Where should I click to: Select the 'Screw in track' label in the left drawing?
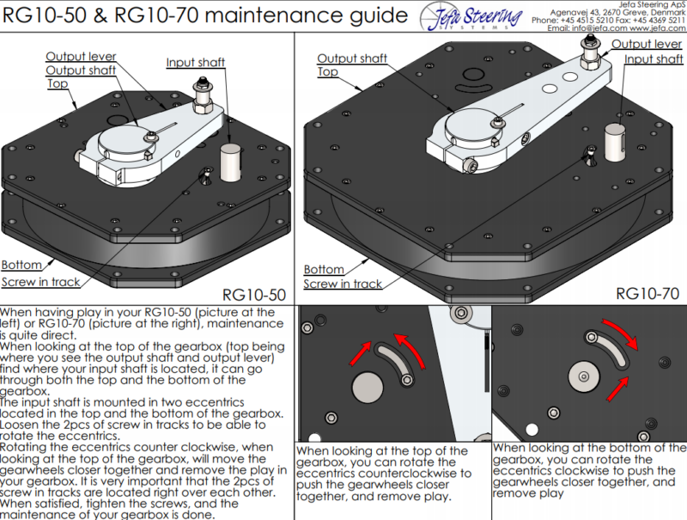tap(42, 281)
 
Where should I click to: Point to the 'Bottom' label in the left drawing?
tap(22, 265)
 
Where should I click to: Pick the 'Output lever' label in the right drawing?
tap(647, 44)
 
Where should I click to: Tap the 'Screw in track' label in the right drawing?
tap(343, 284)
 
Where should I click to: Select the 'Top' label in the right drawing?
tap(328, 72)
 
